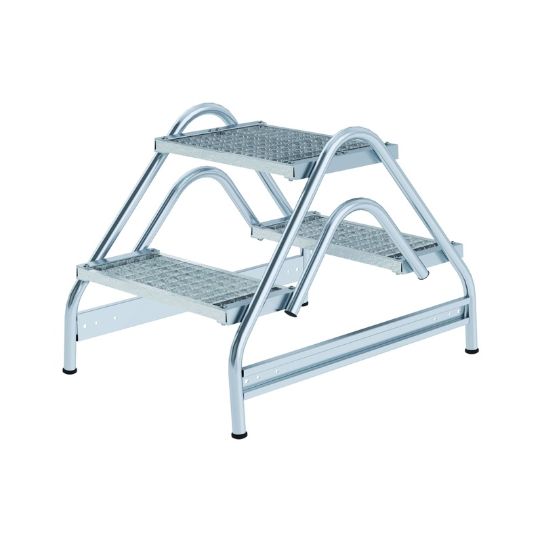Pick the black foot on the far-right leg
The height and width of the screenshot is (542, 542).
pyautogui.click(x=472, y=350)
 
